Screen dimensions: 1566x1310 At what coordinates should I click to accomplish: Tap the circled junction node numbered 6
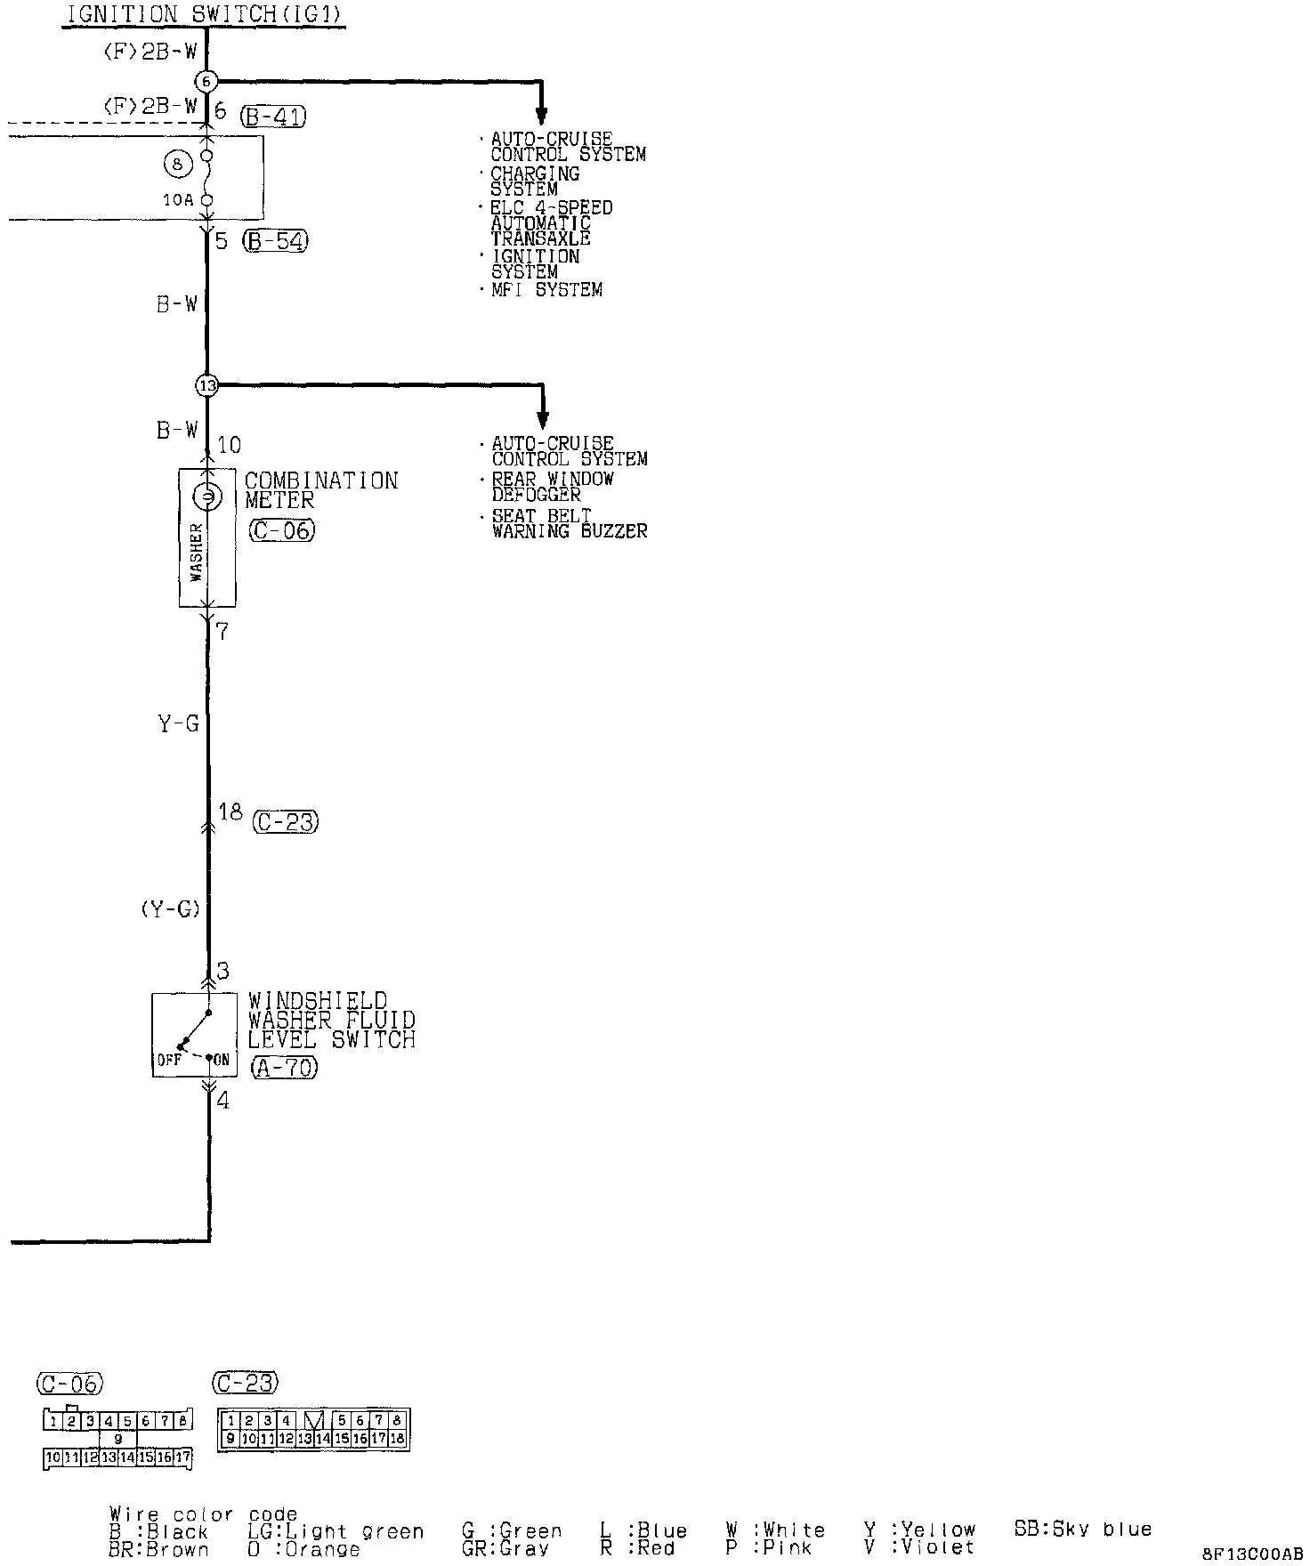point(206,82)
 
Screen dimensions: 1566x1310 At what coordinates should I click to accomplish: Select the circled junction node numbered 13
point(206,385)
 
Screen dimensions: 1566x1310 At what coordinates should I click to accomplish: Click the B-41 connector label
point(273,117)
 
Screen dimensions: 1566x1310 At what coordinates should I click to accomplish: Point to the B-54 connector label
point(276,241)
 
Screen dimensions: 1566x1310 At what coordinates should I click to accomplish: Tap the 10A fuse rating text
point(178,200)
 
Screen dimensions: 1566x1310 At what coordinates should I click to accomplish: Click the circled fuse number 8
point(178,164)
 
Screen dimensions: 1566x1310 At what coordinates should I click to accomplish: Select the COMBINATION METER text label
point(320,490)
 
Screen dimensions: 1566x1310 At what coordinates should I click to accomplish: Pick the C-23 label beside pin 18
point(286,822)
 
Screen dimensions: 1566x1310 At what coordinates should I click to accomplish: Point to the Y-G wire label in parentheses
point(169,909)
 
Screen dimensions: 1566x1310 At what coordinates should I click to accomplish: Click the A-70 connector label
point(284,1067)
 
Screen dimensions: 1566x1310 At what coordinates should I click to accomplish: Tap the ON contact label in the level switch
point(222,1060)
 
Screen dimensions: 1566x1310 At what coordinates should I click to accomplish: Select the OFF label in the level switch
point(168,1060)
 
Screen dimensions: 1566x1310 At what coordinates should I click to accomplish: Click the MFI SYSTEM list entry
point(546,290)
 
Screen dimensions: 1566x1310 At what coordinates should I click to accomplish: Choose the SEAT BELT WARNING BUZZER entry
point(569,523)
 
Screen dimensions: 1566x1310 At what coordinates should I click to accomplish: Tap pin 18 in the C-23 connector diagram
point(397,1438)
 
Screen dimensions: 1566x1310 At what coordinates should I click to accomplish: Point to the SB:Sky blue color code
point(1082,1530)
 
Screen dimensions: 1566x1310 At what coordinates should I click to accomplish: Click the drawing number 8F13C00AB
point(1252,1554)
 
